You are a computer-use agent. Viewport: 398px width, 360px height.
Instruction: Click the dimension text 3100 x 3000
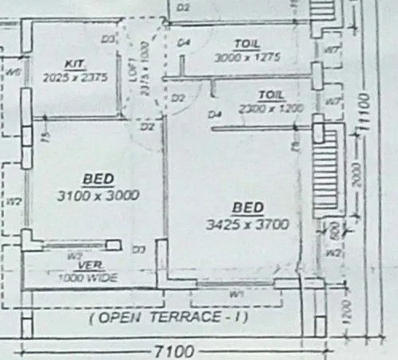(98, 194)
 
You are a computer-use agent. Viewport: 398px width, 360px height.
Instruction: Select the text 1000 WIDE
(88, 278)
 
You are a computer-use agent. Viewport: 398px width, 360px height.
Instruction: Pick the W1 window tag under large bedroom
(236, 294)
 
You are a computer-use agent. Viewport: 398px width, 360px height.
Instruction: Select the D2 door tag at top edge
(183, 6)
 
